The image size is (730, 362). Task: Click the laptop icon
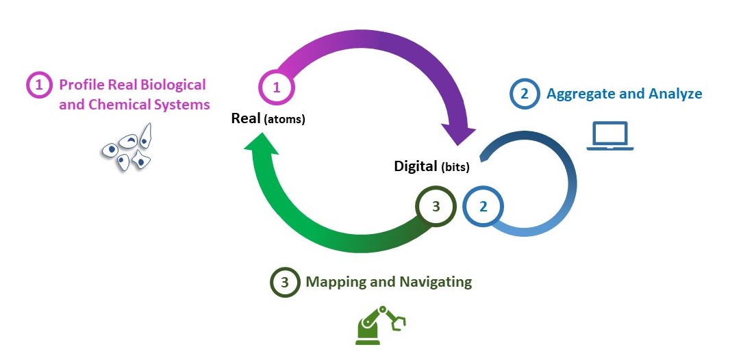tap(610, 135)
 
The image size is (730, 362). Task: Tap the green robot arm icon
tap(381, 324)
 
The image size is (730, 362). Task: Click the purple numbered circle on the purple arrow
tap(277, 88)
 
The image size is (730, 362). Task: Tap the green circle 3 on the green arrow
tap(436, 205)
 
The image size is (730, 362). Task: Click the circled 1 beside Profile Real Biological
tap(40, 86)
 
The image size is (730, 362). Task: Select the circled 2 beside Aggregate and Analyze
tap(525, 94)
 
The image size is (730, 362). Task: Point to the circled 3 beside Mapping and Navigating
tap(285, 282)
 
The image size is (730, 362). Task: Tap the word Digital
tap(416, 166)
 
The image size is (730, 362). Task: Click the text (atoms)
tap(284, 120)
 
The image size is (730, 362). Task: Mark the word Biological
tap(172, 85)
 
